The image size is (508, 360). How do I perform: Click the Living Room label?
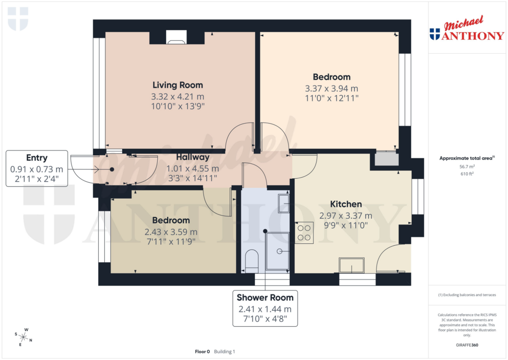point(178,85)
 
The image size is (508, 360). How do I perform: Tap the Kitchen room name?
point(346,204)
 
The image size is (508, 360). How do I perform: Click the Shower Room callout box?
point(265,308)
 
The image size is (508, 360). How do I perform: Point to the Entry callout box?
point(37,168)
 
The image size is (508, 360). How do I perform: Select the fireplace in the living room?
point(176,37)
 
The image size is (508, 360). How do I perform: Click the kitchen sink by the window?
point(351,265)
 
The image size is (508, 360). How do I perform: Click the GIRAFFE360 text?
point(467,345)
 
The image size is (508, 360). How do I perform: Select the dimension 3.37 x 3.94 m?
point(331,89)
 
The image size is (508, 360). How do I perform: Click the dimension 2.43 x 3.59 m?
point(171,232)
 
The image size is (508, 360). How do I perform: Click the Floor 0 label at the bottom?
point(202,352)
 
